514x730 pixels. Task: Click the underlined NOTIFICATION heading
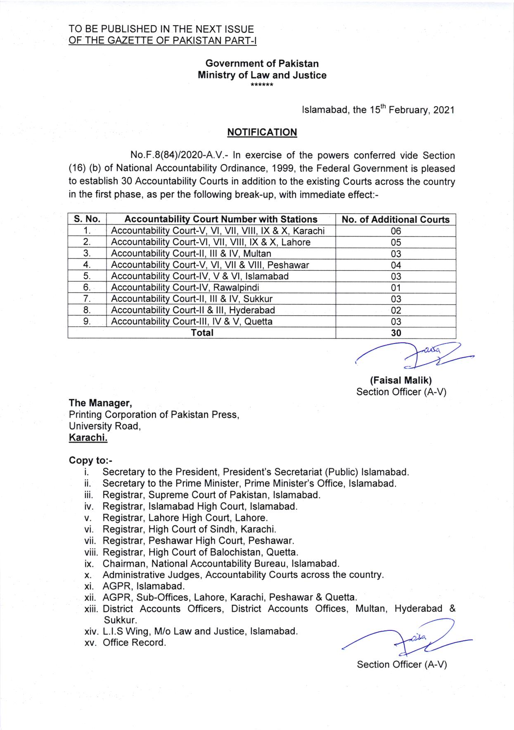[x=262, y=132]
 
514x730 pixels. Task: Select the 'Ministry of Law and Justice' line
[x=262, y=75]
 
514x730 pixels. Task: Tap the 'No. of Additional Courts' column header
[x=396, y=219]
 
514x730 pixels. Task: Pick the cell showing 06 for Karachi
[x=396, y=231]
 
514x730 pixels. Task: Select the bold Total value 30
[x=396, y=333]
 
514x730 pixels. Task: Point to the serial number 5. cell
[x=87, y=277]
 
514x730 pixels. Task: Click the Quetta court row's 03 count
[x=396, y=322]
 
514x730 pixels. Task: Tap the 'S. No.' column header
[x=87, y=219]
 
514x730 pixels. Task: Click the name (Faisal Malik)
[x=401, y=381]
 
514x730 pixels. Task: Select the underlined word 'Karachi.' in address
[x=88, y=438]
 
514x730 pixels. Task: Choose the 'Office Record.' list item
[x=134, y=643]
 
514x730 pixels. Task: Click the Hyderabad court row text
[x=193, y=310]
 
